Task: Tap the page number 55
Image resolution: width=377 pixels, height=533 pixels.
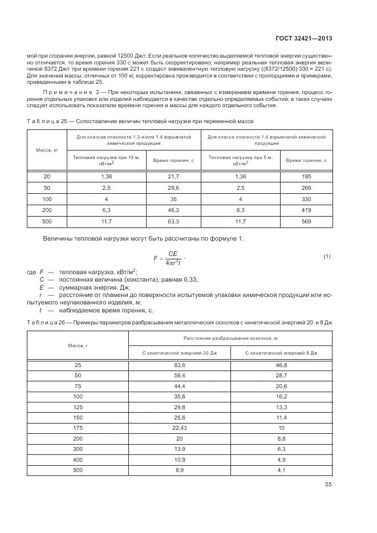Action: click(x=328, y=485)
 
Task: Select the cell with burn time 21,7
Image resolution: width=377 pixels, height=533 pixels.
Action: click(x=173, y=177)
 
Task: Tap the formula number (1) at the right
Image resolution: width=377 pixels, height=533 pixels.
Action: click(x=327, y=257)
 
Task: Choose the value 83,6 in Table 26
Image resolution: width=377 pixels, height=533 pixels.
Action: click(x=180, y=365)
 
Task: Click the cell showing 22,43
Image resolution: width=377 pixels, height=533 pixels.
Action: click(x=180, y=427)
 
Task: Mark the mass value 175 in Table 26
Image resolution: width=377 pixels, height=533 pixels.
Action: click(x=78, y=427)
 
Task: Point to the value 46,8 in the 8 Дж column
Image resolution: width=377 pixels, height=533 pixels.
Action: click(x=282, y=365)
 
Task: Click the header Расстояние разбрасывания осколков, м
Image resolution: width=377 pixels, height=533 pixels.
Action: click(x=230, y=338)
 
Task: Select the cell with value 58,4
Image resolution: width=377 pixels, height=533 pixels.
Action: click(x=180, y=376)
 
